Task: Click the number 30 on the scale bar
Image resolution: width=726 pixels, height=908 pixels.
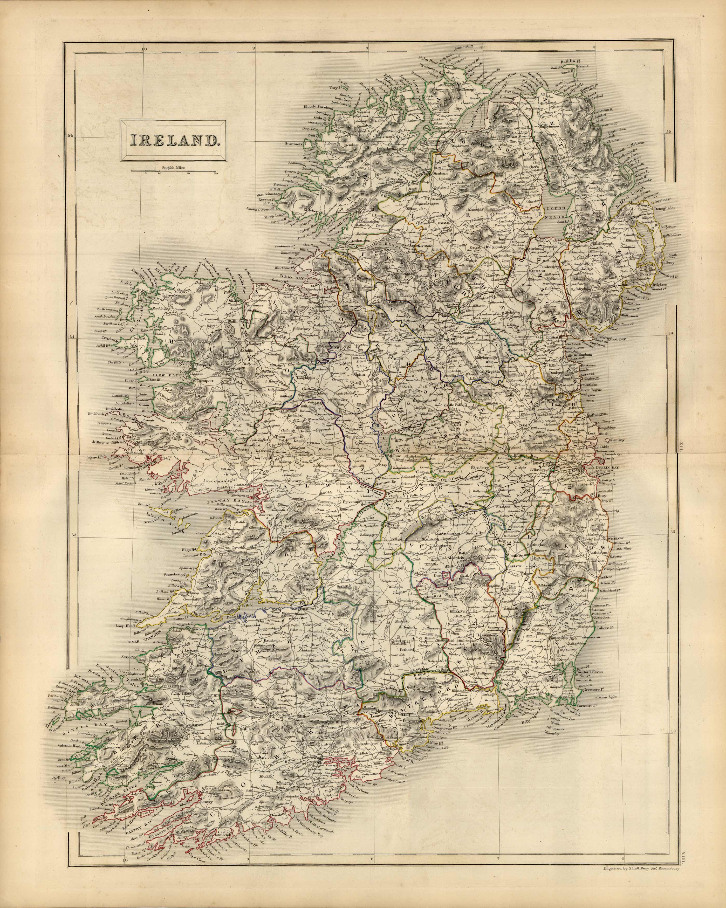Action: pos(216,173)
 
